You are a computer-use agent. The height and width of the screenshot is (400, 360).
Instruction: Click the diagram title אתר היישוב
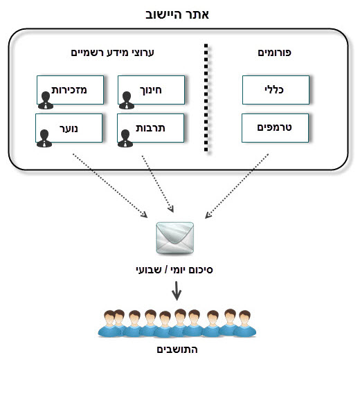click(177, 15)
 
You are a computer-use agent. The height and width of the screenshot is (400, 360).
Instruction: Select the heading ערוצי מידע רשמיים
click(113, 53)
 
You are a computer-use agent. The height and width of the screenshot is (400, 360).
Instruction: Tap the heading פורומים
click(274, 53)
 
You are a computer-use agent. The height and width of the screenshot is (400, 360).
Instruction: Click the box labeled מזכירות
click(70, 90)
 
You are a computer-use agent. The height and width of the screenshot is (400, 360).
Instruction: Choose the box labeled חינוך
click(152, 90)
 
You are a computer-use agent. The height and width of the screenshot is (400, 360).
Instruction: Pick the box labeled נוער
click(69, 128)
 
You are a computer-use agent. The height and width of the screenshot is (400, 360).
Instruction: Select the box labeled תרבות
click(150, 128)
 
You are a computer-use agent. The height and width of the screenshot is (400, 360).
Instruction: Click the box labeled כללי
click(276, 90)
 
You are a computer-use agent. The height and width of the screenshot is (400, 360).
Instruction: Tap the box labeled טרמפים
click(275, 128)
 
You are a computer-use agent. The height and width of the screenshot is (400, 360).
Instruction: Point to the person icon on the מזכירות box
click(46, 100)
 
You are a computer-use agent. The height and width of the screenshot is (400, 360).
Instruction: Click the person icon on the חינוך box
click(127, 100)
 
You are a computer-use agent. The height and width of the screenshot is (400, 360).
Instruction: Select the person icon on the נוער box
click(44, 138)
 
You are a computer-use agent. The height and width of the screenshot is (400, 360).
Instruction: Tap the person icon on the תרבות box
click(125, 138)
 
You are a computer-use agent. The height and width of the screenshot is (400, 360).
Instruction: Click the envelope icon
click(175, 238)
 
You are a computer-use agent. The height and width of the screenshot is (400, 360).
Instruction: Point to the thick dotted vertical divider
click(206, 98)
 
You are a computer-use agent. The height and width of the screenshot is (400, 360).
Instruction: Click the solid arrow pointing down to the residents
click(177, 291)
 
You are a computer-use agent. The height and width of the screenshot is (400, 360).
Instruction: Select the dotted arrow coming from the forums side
click(237, 186)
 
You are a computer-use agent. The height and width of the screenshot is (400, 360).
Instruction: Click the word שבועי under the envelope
click(148, 270)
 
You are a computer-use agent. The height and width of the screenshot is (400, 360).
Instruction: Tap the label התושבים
click(177, 349)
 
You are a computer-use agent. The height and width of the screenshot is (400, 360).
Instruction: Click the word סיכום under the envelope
click(201, 270)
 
